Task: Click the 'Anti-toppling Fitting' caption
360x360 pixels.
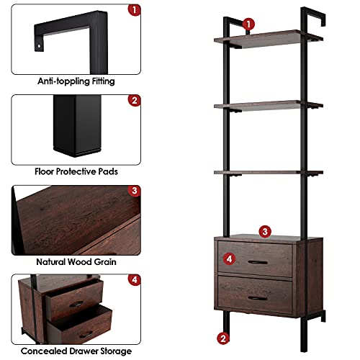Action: [x=76, y=81]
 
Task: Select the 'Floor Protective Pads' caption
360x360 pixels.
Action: [x=76, y=171]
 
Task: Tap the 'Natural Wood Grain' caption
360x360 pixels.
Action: [x=76, y=263]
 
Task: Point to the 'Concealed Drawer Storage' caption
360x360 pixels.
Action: [x=76, y=351]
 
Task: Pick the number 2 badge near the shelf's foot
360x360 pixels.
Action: [x=224, y=337]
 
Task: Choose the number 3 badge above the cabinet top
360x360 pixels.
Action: [x=265, y=231]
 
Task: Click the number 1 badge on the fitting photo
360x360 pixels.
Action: [x=134, y=10]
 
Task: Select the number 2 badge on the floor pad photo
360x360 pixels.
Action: [x=134, y=100]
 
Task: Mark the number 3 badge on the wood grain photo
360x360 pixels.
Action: [x=134, y=191]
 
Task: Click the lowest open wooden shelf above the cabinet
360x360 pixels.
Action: [x=258, y=173]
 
